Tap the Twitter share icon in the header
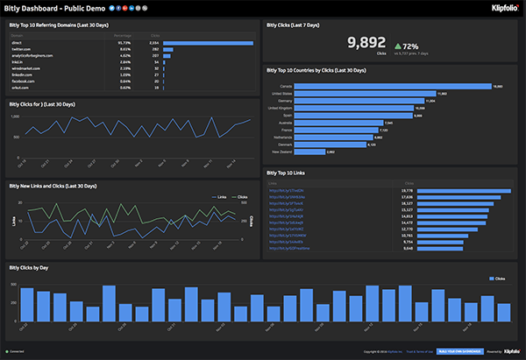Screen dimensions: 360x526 point(117,9)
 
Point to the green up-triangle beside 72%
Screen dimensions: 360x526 point(398,46)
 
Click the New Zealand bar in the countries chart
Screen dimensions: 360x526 point(309,152)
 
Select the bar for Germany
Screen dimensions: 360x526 point(364,101)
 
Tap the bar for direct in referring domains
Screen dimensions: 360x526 point(208,42)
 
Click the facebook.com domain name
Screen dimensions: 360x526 point(24,81)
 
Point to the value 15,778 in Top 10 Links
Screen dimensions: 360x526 point(407,190)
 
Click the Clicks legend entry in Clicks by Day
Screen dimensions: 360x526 point(497,279)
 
